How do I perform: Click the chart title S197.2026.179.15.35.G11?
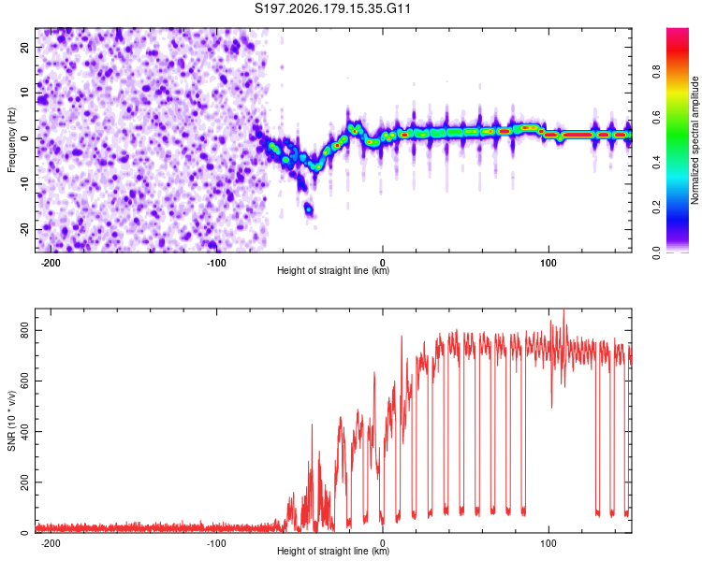tap(332, 8)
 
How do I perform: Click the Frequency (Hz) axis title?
tap(11, 140)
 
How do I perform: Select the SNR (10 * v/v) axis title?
tap(11, 421)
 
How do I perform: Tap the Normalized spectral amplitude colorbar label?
tap(695, 140)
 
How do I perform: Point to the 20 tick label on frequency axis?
tap(25, 48)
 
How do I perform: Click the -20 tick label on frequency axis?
tap(25, 230)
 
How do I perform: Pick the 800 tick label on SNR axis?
tap(25, 330)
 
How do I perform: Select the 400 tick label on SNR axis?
tap(25, 431)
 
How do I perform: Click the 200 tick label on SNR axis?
tap(25, 482)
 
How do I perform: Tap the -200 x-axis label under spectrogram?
tap(51, 263)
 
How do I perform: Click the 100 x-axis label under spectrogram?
tap(548, 263)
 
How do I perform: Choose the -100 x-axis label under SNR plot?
tap(216, 543)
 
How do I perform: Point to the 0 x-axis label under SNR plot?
tap(382, 543)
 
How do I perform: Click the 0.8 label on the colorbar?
tap(656, 72)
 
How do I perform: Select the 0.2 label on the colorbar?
tap(656, 208)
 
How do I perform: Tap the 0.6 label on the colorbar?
tap(656, 117)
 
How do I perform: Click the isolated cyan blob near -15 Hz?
tap(309, 208)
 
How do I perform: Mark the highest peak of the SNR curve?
tap(563, 309)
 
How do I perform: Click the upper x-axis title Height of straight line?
tap(333, 270)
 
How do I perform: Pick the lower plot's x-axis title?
tap(333, 551)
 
